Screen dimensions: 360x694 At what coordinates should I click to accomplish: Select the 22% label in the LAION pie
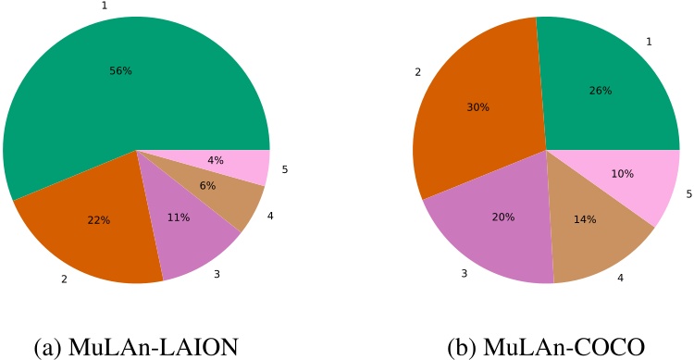(x=99, y=220)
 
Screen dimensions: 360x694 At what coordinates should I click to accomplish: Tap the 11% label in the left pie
(x=179, y=217)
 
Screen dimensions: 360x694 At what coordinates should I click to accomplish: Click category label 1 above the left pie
(x=104, y=6)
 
